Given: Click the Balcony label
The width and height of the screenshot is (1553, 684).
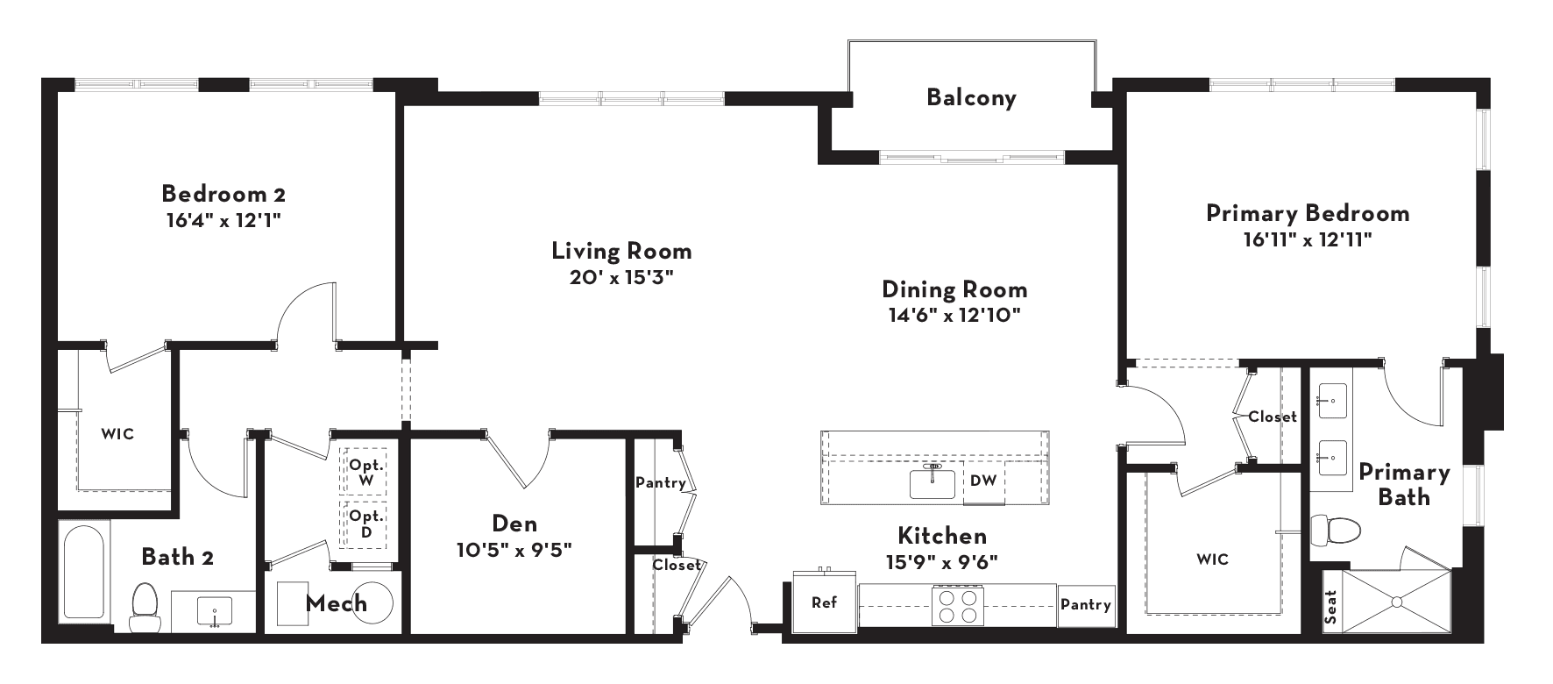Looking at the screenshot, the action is pyautogui.click(x=971, y=96).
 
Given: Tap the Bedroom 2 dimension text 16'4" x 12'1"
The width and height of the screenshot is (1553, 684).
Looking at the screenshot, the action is pyautogui.click(x=223, y=220).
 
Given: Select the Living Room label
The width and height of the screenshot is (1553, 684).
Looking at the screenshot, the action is pyautogui.click(x=621, y=251).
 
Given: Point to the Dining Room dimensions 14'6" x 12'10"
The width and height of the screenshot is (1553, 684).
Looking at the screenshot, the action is pyautogui.click(x=954, y=315).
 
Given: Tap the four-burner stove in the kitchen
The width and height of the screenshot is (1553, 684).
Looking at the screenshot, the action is pyautogui.click(x=957, y=605).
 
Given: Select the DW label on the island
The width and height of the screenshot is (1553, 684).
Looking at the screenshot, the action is pyautogui.click(x=982, y=480).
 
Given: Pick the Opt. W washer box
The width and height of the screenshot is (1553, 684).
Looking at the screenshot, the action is pyautogui.click(x=366, y=474).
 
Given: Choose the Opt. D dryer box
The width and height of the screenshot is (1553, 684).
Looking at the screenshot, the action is pyautogui.click(x=366, y=524).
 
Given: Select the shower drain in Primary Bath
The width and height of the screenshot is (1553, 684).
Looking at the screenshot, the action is pyautogui.click(x=1396, y=602).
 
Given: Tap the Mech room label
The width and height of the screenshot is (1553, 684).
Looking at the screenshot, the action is pyautogui.click(x=337, y=603).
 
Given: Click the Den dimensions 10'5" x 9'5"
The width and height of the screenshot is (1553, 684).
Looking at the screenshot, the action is pyautogui.click(x=514, y=551).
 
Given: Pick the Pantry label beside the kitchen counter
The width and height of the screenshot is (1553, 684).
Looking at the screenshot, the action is pyautogui.click(x=1086, y=604).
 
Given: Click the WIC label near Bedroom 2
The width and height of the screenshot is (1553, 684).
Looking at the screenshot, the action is pyautogui.click(x=117, y=434).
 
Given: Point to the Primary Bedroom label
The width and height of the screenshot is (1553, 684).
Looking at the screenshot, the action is pyautogui.click(x=1308, y=213).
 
